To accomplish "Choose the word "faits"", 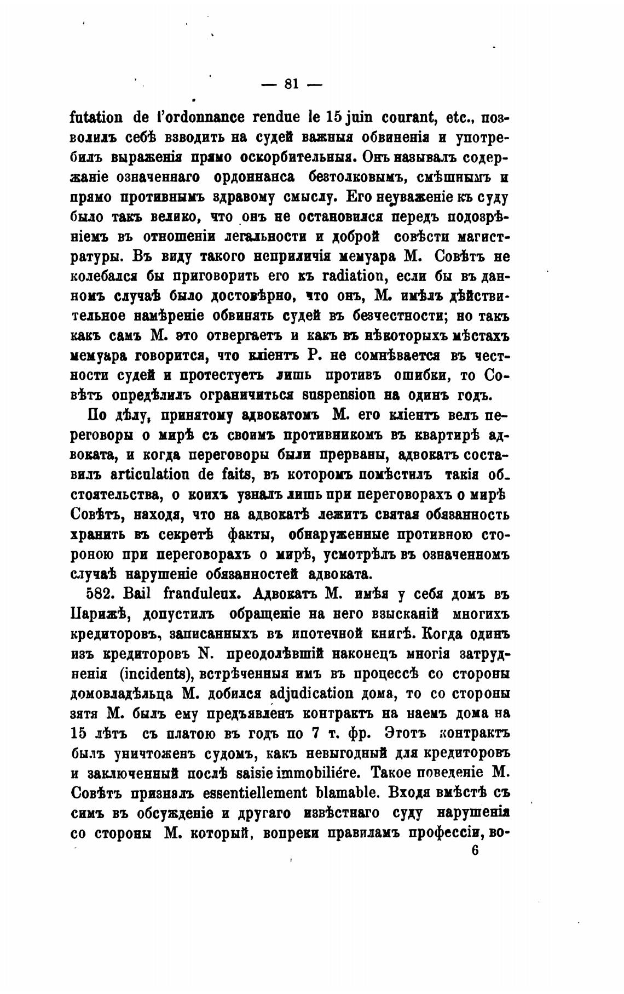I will (x=239, y=475).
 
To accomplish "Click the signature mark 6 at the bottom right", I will (x=474, y=851).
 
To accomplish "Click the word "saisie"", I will (x=238, y=773).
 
